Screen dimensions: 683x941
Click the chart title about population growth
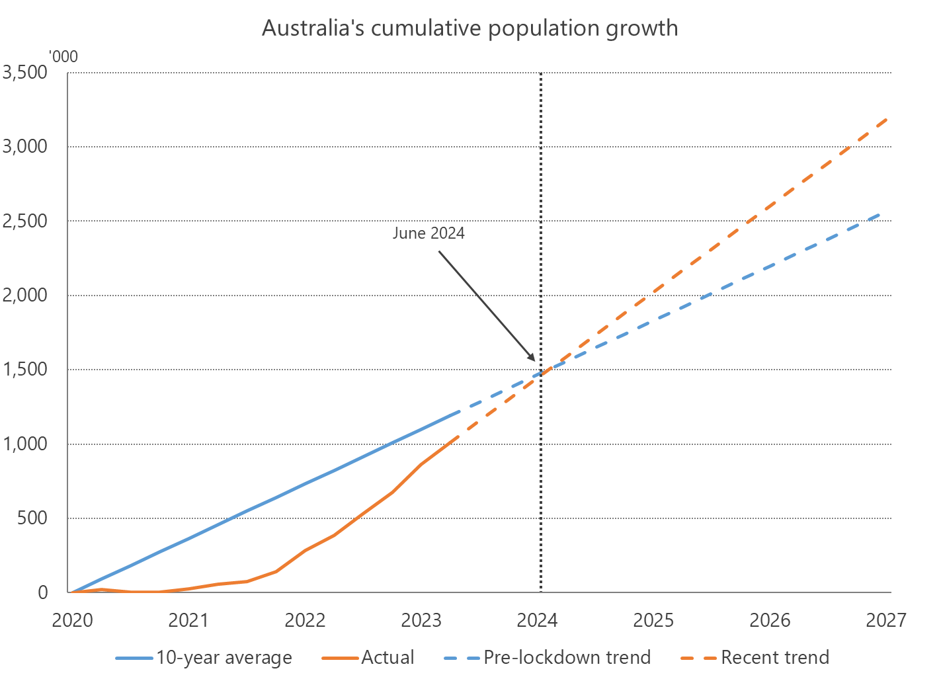[470, 28]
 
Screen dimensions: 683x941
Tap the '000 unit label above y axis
[64, 57]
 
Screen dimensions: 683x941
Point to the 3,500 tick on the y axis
[26, 72]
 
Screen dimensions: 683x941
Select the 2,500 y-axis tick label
[26, 221]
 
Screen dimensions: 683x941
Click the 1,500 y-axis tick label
[26, 370]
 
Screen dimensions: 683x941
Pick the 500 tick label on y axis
[34, 518]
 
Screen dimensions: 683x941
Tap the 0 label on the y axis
[43, 592]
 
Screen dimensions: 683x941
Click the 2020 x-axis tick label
[72, 620]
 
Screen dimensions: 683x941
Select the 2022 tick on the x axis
[305, 620]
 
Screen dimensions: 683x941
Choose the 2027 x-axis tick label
[885, 620]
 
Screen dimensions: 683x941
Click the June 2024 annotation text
[429, 233]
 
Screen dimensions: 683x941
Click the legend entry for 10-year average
[204, 658]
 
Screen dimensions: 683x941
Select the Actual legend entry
[368, 658]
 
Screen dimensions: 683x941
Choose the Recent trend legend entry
[755, 658]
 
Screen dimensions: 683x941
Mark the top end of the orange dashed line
[886, 120]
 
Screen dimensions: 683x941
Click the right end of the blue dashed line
[880, 214]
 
